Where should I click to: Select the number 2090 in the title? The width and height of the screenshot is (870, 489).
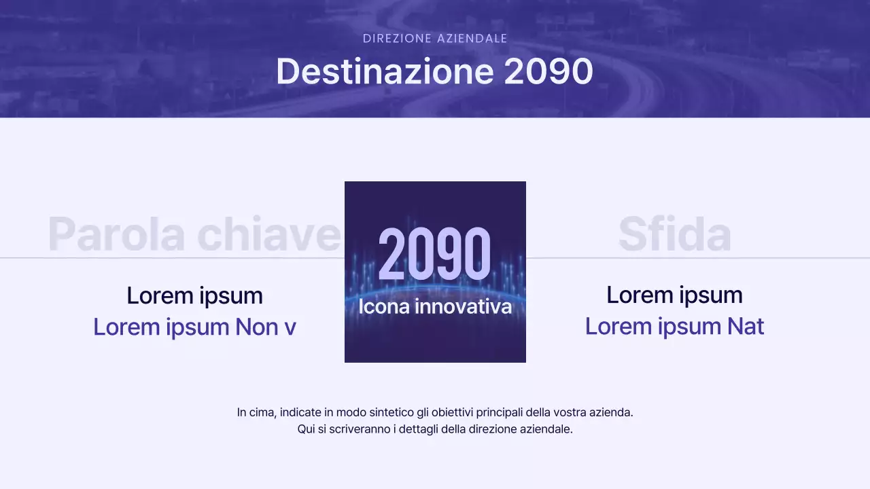coord(549,71)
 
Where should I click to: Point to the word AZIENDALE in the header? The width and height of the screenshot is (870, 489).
coord(472,39)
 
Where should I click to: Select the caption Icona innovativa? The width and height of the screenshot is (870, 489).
coord(435,306)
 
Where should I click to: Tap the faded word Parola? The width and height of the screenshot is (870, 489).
coord(116,234)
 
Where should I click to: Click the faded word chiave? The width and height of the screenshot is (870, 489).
coord(269,234)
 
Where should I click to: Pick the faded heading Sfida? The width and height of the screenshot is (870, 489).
coord(674,234)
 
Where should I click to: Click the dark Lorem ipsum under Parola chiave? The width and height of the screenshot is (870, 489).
coord(194,295)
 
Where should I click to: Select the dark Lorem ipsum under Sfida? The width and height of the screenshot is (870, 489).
coord(674,295)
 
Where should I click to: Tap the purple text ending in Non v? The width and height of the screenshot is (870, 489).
coord(194,327)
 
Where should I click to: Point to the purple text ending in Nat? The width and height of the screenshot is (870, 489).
coord(674,326)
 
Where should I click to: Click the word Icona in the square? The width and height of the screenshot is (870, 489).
coord(384,306)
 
